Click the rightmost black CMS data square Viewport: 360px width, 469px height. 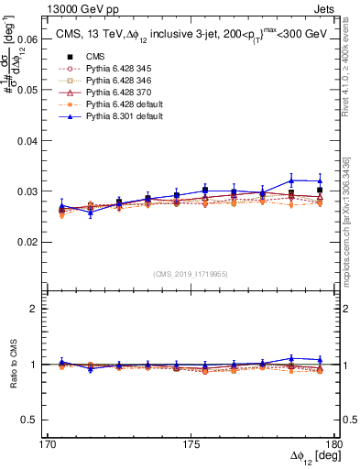[319, 191]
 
